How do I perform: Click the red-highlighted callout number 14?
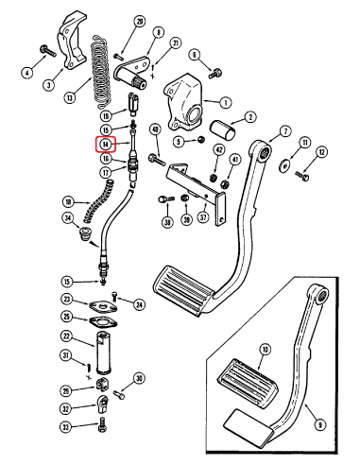(106, 145)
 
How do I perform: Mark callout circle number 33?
(92, 426)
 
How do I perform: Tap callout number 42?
(218, 148)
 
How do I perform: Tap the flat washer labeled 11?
(285, 167)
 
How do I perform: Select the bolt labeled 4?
(44, 49)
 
